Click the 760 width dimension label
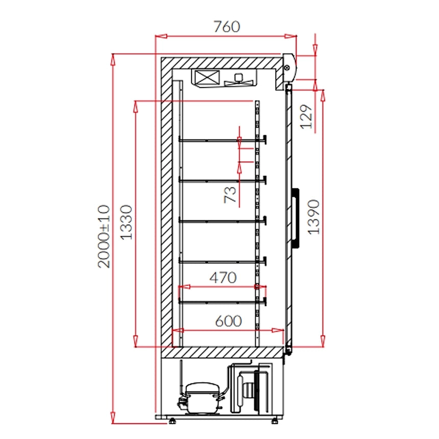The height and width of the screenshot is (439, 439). (227, 27)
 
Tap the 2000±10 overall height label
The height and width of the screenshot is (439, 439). (104, 236)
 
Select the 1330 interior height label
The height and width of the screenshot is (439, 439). (126, 222)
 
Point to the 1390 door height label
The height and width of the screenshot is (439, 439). (313, 217)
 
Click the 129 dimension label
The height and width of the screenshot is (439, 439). (306, 117)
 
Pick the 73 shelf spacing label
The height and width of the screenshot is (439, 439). (230, 194)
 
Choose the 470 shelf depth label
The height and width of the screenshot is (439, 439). (223, 278)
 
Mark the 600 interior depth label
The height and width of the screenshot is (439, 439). (228, 321)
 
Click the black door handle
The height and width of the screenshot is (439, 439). (296, 218)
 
